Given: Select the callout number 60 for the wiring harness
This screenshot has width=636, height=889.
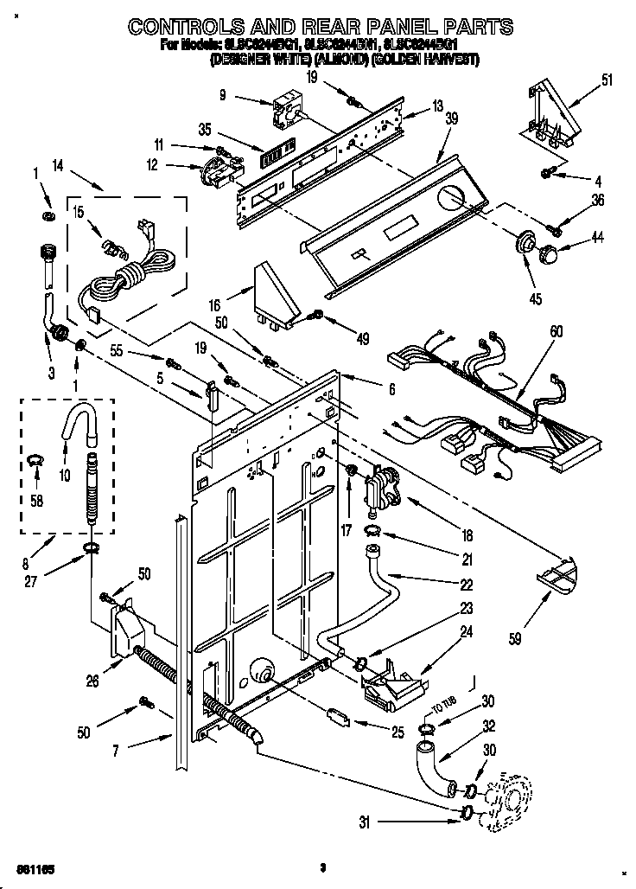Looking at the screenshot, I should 556,329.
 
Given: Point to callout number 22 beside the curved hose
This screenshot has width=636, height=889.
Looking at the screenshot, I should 467,584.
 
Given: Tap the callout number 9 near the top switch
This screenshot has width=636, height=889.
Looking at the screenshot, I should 223,96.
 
